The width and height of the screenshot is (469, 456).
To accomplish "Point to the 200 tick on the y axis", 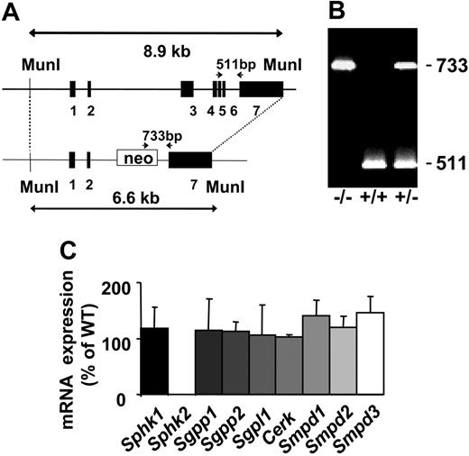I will [x=116, y=285].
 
